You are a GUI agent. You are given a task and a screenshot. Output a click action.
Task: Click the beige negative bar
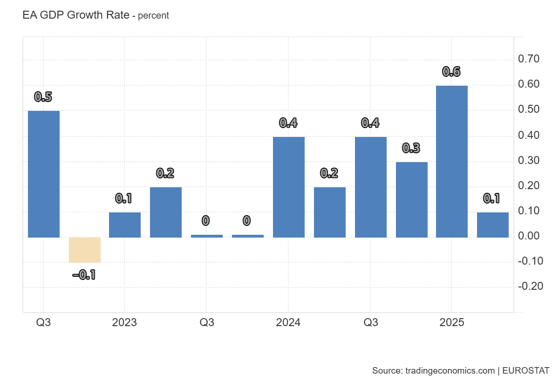[85, 250]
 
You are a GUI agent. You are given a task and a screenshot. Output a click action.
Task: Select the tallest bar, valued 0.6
[452, 161]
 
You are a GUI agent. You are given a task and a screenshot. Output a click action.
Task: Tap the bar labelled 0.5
[44, 174]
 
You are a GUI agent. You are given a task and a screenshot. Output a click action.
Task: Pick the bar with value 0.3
[411, 199]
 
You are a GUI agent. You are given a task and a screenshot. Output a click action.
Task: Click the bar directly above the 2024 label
[288, 187]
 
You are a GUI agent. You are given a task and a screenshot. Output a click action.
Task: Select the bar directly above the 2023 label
[125, 225]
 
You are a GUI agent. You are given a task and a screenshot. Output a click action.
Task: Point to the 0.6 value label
[451, 72]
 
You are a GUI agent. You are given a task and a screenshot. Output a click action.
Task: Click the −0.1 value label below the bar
[84, 275]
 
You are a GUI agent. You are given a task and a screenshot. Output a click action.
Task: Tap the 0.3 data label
[411, 148]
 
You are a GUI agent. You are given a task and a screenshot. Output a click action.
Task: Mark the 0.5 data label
[43, 97]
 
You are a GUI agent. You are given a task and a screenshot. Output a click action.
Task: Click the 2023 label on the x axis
[124, 323]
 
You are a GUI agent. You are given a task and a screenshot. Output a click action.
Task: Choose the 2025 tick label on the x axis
[451, 323]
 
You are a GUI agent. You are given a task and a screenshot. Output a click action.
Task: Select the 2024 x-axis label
[288, 323]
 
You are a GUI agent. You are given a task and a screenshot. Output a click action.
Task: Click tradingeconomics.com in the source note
[450, 371]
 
